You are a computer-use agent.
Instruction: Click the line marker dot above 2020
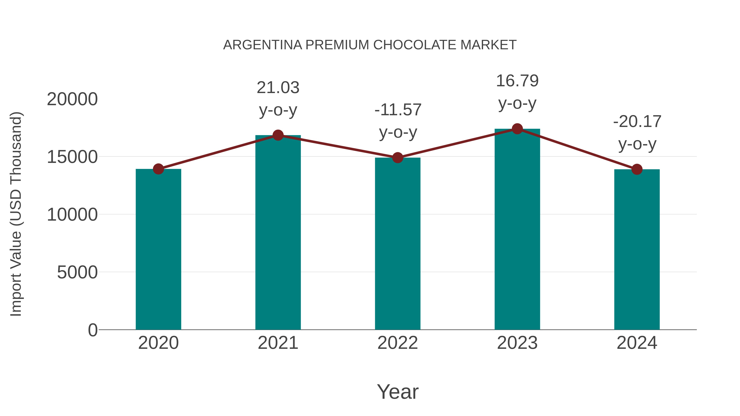click(x=158, y=169)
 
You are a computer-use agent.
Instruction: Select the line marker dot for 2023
click(x=517, y=129)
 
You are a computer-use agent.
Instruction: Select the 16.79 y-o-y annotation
click(x=517, y=92)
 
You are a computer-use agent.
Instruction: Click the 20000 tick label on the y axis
click(x=72, y=99)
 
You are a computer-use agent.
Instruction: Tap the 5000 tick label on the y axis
click(x=77, y=272)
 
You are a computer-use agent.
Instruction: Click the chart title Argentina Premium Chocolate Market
click(x=370, y=45)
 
